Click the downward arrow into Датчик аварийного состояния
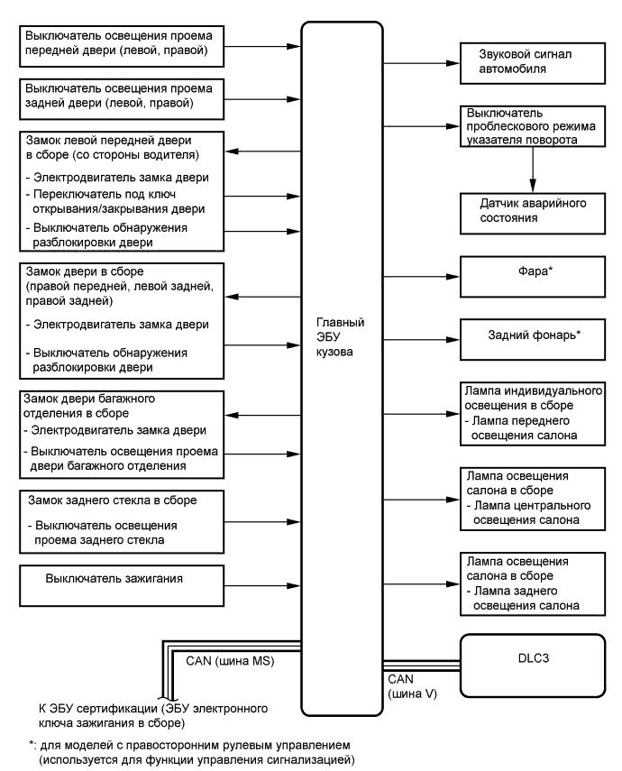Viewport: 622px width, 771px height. coord(535,170)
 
